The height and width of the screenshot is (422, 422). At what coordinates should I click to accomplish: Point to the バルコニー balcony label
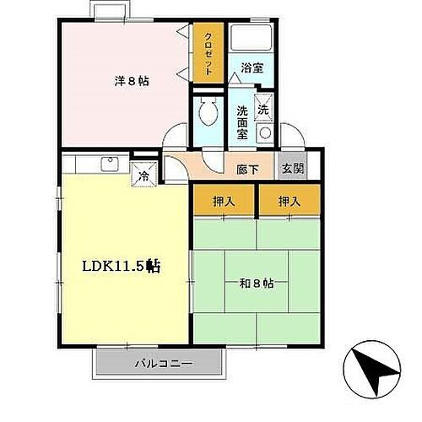click(x=163, y=365)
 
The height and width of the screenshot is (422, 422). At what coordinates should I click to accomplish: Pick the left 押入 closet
click(x=224, y=202)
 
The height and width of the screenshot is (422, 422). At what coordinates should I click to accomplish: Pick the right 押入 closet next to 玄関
click(x=289, y=202)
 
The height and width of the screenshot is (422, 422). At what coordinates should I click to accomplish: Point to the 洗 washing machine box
click(x=262, y=110)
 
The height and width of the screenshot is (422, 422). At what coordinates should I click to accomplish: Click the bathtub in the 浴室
click(x=251, y=38)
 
